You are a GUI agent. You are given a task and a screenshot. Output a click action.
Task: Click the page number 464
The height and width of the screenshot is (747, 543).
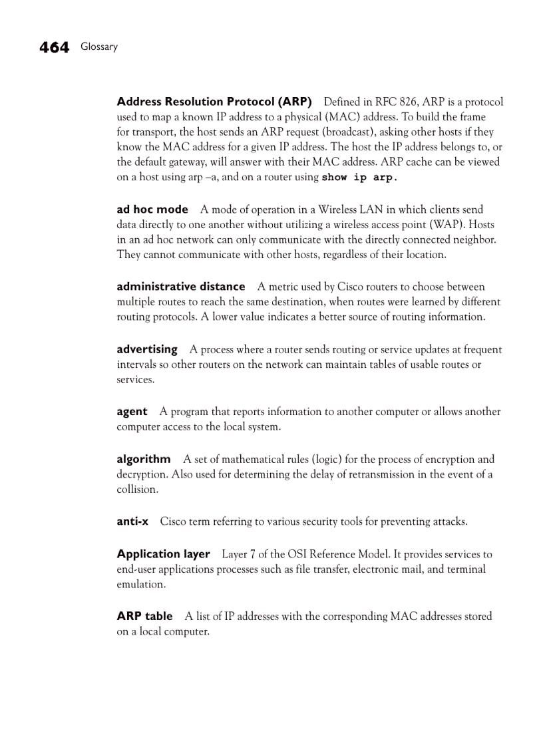[x=54, y=47]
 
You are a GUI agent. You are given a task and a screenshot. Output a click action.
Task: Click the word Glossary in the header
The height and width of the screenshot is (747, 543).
[x=99, y=47]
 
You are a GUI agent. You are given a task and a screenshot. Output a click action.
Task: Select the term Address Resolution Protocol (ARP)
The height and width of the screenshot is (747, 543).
[x=214, y=102]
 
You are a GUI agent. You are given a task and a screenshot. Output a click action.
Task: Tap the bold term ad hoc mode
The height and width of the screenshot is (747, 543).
[x=152, y=210]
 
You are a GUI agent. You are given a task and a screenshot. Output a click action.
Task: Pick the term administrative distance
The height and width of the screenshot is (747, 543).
[x=181, y=287]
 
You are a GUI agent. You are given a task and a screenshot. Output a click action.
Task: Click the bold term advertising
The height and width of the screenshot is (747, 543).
[x=147, y=349]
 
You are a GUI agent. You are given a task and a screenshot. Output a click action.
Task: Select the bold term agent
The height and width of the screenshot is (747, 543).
[x=132, y=412]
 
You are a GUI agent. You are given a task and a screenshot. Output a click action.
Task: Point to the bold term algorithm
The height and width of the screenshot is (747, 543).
[x=144, y=459]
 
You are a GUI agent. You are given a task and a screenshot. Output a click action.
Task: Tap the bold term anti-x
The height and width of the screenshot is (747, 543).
[x=132, y=522]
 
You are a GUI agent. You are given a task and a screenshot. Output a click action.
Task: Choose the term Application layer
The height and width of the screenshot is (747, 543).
[x=163, y=554]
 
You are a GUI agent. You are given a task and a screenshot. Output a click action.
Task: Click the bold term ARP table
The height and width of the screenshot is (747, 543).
[x=144, y=617]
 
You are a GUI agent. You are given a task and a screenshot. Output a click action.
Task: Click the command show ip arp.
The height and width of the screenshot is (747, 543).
[x=359, y=178]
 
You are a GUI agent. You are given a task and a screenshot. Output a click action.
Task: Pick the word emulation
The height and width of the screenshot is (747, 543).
[x=140, y=585]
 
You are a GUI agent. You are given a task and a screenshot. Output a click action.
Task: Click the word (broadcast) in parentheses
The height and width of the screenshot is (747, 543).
[x=347, y=132]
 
